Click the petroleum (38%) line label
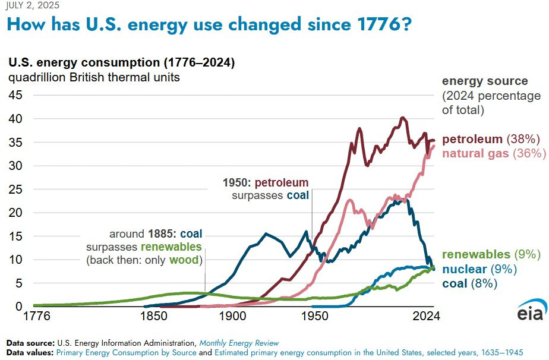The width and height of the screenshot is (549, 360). pos(491,140)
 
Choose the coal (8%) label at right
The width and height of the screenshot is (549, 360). pos(469,283)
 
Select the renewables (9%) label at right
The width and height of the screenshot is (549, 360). pos(491,254)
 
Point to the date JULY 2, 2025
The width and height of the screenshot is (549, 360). pos(29,5)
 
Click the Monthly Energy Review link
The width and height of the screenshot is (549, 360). pos(238,343)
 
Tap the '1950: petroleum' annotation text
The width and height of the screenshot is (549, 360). pos(266,182)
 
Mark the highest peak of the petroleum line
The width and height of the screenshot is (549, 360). pos(402,118)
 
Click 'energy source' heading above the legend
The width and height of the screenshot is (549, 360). pos(485,81)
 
